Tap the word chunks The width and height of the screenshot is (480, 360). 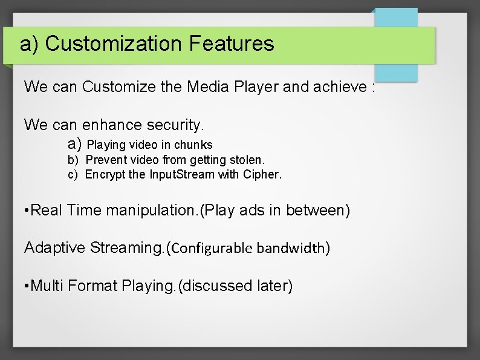(x=193, y=145)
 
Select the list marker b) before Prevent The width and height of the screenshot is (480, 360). (x=73, y=160)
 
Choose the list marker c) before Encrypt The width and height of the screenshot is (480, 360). (x=73, y=175)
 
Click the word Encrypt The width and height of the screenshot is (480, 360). (x=105, y=175)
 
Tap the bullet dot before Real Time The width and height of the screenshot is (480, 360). (x=26, y=211)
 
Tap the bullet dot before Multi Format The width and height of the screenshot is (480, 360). (x=26, y=286)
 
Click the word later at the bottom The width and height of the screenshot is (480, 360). (x=274, y=286)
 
